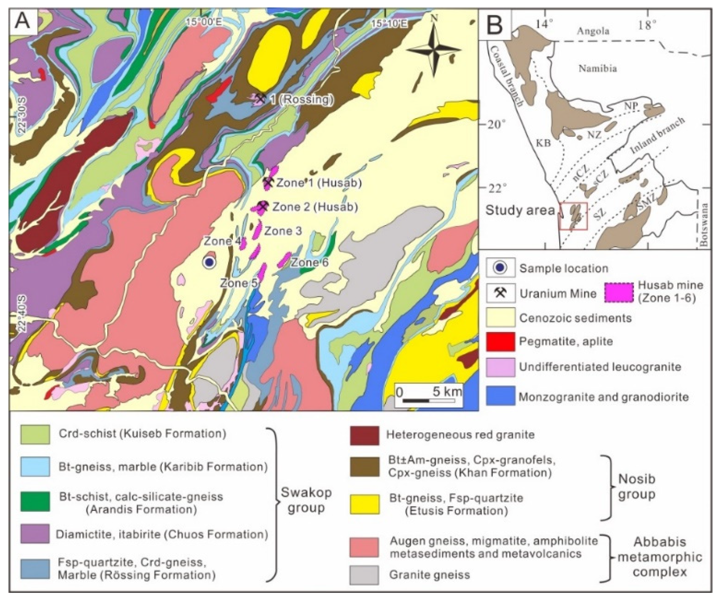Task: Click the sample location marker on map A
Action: [x=209, y=262]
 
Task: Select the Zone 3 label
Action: [x=283, y=231]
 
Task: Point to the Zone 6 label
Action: [x=310, y=263]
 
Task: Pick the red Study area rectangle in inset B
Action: [x=573, y=216]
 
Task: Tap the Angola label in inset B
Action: [x=593, y=31]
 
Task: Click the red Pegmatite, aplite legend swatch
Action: [x=500, y=341]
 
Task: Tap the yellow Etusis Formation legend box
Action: [x=365, y=504]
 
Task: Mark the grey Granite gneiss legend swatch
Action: [x=364, y=575]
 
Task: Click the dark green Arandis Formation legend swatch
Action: [x=35, y=501]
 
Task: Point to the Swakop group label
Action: [x=306, y=500]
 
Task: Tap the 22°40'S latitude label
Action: [x=22, y=314]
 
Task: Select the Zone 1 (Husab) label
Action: [x=319, y=183]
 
